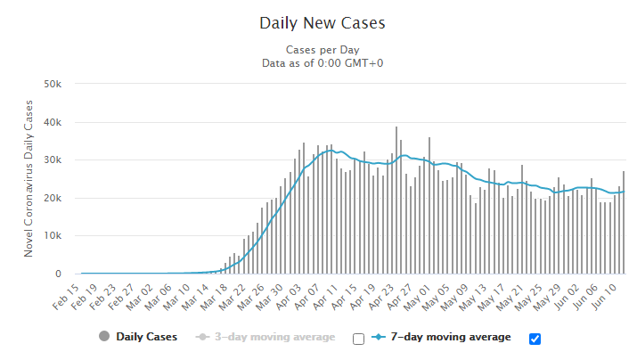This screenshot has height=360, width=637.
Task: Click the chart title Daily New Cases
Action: point(323,23)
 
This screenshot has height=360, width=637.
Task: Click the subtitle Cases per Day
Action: point(323,50)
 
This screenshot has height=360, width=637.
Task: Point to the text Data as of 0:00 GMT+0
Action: point(323,63)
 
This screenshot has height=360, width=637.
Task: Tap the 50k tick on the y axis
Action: point(53,84)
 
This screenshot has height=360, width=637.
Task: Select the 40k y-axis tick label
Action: point(53,122)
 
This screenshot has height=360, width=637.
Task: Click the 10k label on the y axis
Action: point(53,235)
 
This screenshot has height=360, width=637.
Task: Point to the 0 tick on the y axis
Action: point(58,274)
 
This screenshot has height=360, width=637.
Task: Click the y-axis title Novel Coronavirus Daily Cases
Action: point(28,178)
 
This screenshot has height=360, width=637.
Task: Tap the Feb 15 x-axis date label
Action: point(66,297)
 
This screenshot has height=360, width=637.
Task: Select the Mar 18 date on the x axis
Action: point(215,297)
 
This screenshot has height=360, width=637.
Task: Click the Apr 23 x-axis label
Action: point(381,297)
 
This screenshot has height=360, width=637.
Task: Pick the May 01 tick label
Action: point(417,298)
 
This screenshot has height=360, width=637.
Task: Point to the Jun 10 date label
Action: point(604,297)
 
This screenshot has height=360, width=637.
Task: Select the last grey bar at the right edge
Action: point(624,223)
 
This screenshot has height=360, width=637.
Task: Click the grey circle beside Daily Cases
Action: point(104,337)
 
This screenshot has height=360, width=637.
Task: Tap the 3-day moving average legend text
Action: point(275,337)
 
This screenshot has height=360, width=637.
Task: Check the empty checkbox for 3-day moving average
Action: point(358,339)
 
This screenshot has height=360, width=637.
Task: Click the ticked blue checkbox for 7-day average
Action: point(535,339)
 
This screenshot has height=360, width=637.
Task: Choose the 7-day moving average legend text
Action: point(451,337)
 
